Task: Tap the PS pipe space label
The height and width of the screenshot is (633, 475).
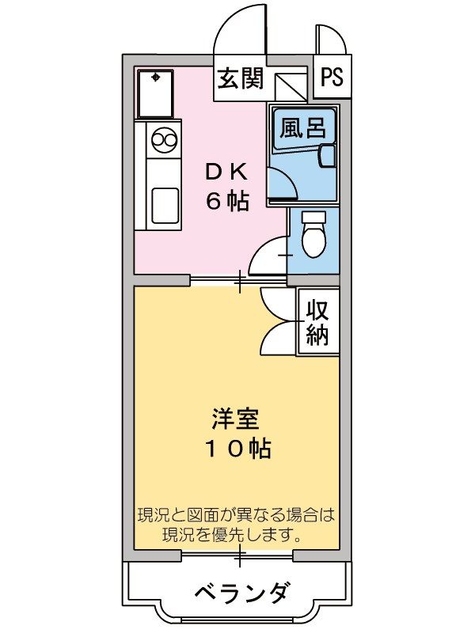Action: click(332, 78)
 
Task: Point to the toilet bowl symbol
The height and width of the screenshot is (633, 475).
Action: click(314, 235)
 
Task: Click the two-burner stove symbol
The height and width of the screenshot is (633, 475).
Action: click(164, 140)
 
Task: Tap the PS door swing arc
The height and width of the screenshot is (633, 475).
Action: click(330, 40)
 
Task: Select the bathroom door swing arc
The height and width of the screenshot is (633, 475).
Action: click(283, 183)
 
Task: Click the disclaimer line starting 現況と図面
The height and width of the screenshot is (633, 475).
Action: click(236, 515)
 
